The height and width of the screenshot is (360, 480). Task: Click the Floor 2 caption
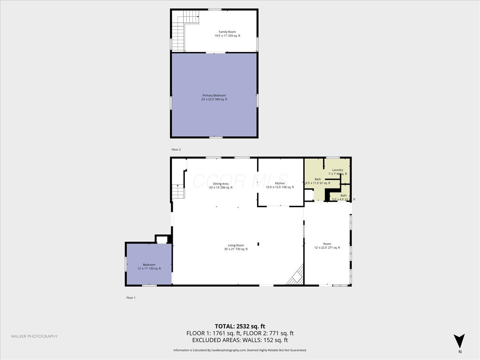point(176,150)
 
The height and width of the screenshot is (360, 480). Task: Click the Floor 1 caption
point(131,298)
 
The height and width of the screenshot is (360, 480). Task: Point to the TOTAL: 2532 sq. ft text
point(240,326)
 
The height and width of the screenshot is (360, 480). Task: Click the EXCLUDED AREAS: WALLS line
point(240,340)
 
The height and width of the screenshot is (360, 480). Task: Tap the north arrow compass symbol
point(460,341)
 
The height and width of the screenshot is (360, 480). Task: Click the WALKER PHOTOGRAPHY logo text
point(34,336)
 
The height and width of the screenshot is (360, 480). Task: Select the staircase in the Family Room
point(182,30)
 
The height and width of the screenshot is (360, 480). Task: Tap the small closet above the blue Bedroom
point(162,240)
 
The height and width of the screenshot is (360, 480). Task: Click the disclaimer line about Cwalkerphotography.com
point(240,350)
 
